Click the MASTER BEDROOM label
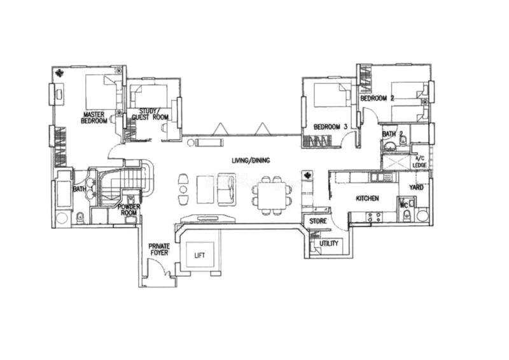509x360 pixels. [x=94, y=118]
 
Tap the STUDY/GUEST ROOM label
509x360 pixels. [x=150, y=114]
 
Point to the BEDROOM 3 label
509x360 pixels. [x=330, y=127]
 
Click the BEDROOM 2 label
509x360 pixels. [x=377, y=98]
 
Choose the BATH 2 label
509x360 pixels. [x=393, y=134]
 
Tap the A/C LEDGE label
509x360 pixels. [x=419, y=162]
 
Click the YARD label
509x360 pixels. [x=416, y=187]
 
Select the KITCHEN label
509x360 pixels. [x=368, y=198]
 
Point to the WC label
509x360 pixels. [x=404, y=205]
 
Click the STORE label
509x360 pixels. [x=317, y=221]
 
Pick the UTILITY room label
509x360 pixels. [x=328, y=244]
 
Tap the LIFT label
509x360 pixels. [x=200, y=256]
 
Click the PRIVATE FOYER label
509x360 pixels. [x=159, y=249]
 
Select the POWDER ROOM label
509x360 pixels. [x=129, y=210]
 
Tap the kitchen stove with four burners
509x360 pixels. [x=373, y=217]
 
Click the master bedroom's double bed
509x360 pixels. [x=103, y=92]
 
